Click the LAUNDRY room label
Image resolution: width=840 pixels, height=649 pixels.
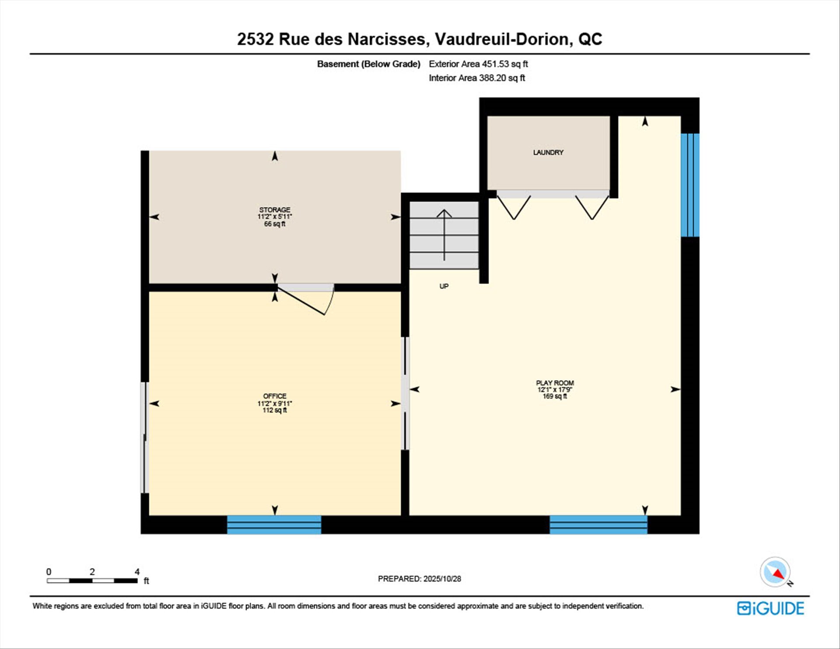[x=548, y=152]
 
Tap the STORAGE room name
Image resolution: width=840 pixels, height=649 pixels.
[x=275, y=210]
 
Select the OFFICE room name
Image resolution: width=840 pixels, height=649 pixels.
[x=275, y=396]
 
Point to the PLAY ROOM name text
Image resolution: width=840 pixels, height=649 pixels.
[x=555, y=383]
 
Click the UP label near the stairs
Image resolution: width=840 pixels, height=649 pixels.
[x=444, y=286]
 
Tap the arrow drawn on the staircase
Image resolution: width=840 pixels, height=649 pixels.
[x=444, y=235]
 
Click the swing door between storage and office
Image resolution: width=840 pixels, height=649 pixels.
[x=306, y=299]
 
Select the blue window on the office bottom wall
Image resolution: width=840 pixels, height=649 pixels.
[x=274, y=524]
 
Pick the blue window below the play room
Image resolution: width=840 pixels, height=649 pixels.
[x=598, y=524]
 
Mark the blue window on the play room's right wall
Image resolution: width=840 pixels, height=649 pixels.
[x=690, y=185]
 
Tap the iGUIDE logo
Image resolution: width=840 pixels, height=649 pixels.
[x=770, y=608]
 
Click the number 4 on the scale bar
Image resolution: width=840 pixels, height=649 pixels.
[x=137, y=572]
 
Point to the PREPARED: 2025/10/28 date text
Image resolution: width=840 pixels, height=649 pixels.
[x=419, y=579]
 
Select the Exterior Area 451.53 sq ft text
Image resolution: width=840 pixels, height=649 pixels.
[x=478, y=64]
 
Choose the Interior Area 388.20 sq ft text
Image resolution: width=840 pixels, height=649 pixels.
[x=477, y=78]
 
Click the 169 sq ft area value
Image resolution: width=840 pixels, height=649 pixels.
[x=555, y=396]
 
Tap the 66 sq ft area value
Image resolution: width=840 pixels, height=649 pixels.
[x=275, y=224]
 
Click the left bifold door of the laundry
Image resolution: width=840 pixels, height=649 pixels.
[x=514, y=207]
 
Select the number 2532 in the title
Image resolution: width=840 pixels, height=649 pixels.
[x=255, y=39]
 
